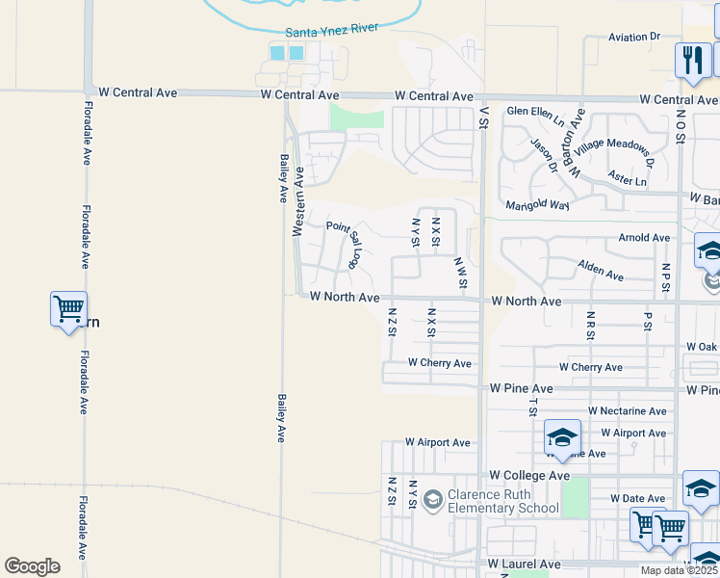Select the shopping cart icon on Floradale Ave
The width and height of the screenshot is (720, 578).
tap(68, 309)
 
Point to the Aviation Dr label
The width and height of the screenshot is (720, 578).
tap(634, 37)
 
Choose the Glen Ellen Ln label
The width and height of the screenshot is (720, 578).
tap(536, 115)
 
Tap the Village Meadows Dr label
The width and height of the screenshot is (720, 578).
tap(614, 153)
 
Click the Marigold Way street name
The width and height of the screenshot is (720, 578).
tap(538, 204)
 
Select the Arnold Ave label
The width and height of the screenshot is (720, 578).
tap(644, 237)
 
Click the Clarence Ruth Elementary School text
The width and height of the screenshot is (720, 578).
tap(503, 502)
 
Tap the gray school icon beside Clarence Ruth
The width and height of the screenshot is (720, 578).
tap(433, 497)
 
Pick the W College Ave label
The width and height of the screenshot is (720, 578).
tap(529, 476)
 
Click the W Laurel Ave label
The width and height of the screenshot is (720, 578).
tap(524, 564)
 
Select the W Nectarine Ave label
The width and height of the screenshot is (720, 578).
tap(628, 411)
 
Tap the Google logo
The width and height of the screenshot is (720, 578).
tap(33, 565)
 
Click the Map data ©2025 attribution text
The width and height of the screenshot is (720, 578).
tap(680, 570)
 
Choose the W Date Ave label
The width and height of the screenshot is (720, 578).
tap(636, 498)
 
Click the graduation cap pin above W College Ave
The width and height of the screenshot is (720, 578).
tap(562, 437)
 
